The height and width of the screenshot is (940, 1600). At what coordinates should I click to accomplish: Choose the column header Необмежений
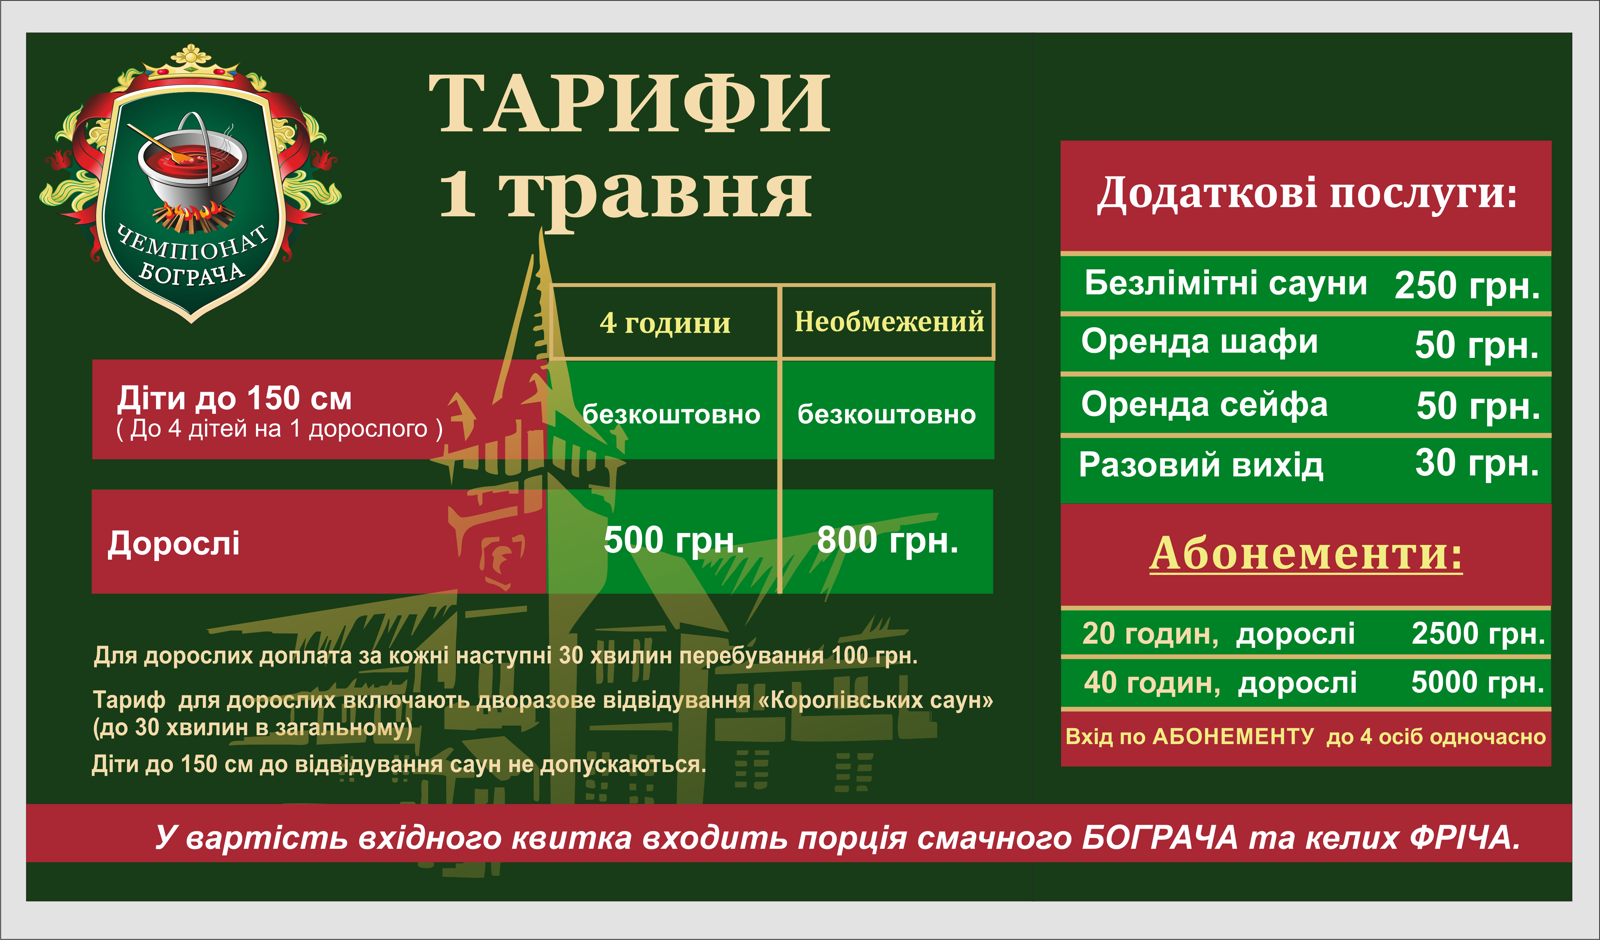889,321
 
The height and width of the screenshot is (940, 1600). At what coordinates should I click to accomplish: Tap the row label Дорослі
173,544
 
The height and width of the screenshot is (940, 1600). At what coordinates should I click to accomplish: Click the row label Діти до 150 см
234,399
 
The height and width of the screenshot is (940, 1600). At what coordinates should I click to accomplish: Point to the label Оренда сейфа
1204,404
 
